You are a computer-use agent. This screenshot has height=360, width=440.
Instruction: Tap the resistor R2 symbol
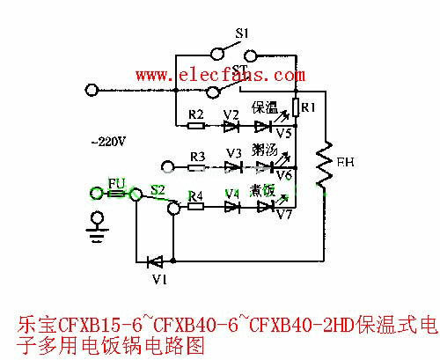tap(197, 126)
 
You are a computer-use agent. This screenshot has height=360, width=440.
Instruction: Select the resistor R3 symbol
tap(197, 165)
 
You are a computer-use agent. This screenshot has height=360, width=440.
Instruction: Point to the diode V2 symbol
tap(231, 126)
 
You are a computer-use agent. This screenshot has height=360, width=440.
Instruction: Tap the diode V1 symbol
tap(156, 261)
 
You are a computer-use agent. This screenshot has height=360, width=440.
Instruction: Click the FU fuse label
tap(116, 183)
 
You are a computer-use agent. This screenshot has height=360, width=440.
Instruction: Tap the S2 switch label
tap(158, 188)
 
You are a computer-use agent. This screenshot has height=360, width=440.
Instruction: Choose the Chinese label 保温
tap(265, 108)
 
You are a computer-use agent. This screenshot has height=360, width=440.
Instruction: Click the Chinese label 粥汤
tap(265, 150)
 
